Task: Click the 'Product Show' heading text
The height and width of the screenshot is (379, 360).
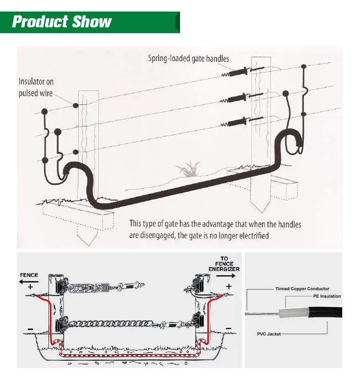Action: tap(61, 22)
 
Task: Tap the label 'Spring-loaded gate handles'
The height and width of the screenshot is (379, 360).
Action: tap(188, 59)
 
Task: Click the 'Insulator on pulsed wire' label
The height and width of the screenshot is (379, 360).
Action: tap(36, 87)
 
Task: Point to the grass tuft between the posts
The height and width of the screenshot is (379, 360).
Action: tap(189, 169)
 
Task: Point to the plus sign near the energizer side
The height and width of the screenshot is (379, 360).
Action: tap(228, 286)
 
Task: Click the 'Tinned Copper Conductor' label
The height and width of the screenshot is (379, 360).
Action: tap(302, 289)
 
